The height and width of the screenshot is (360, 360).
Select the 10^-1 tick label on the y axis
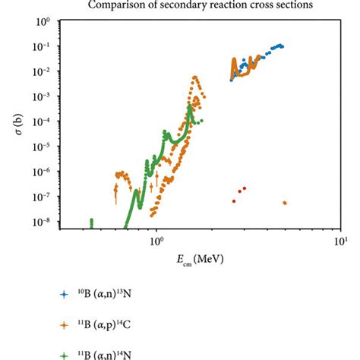[43, 46]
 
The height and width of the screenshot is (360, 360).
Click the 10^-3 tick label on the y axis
[43, 96]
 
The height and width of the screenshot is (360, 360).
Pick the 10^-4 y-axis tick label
[43, 122]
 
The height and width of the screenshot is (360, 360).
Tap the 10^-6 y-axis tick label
[43, 171]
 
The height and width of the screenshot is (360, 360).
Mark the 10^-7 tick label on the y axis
[43, 196]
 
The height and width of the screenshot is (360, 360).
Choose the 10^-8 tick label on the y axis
[43, 221]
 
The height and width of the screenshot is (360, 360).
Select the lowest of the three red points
[234, 201]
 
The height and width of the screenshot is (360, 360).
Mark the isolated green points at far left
[91, 223]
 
